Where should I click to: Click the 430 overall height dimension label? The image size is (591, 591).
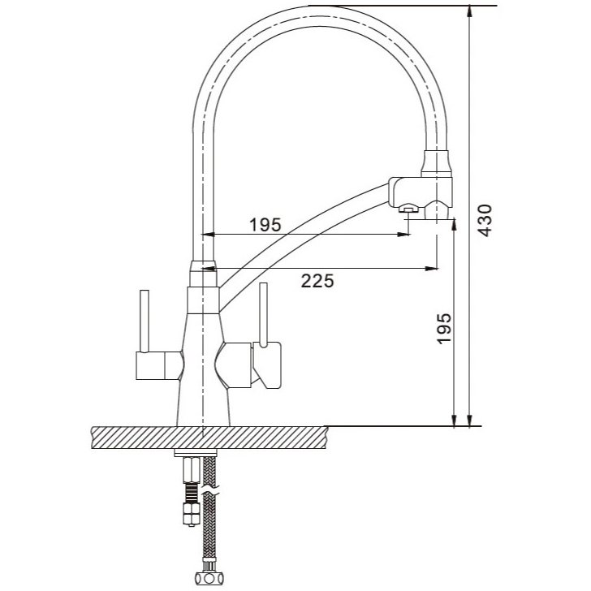[485, 221]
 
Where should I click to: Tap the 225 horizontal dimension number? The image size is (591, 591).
[317, 281]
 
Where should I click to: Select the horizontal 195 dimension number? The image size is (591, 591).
[265, 225]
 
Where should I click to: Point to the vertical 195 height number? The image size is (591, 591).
[444, 327]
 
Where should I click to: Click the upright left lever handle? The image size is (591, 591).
[145, 321]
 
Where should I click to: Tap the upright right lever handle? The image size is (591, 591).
[264, 313]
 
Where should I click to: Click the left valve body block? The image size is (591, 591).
[158, 365]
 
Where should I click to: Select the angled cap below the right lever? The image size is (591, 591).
[267, 365]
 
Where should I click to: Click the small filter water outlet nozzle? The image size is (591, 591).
[408, 207]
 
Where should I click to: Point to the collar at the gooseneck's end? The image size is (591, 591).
[437, 164]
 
